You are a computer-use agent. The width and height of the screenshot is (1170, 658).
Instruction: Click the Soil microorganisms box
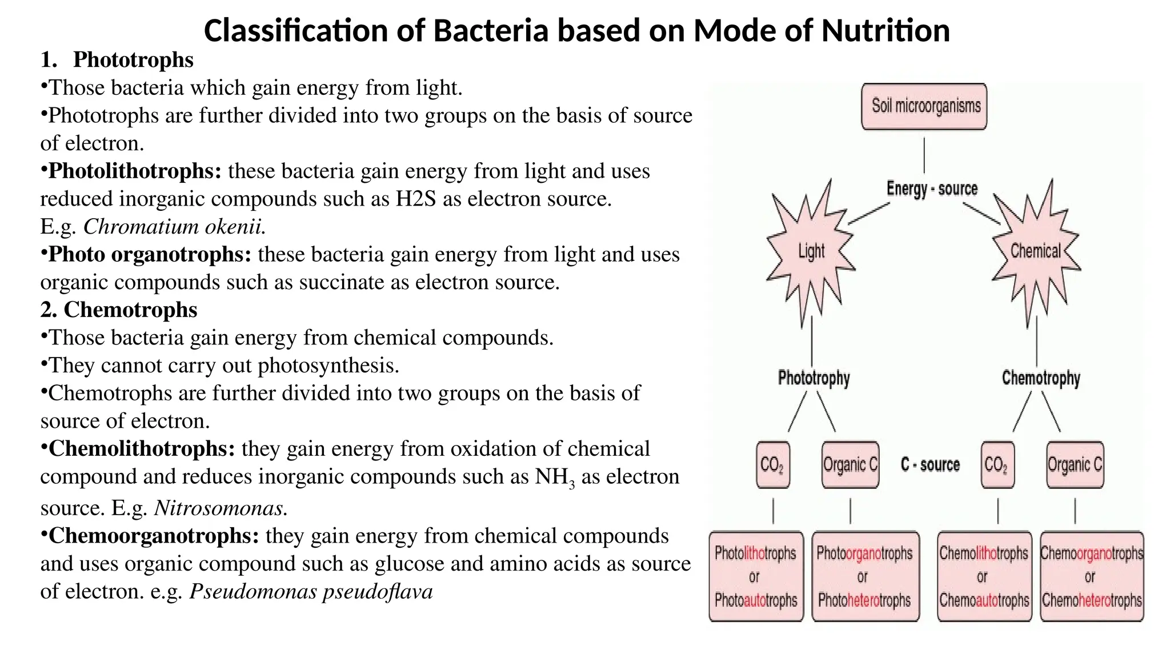coord(924,106)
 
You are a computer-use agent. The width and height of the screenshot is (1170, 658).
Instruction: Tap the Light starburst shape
coord(811,252)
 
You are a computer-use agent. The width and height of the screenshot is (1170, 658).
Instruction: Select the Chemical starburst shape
coord(1035,251)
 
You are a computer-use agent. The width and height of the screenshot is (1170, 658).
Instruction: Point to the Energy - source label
coord(932,188)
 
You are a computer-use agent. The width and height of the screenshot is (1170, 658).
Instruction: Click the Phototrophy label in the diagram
coord(814,378)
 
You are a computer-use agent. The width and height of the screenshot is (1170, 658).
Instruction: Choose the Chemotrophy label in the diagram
coord(1041,378)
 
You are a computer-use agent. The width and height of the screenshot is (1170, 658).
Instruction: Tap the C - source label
coord(930,465)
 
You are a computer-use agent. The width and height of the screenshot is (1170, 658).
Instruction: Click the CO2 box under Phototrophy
coord(773,465)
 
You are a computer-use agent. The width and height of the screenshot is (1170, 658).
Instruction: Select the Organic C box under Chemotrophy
coord(1075,465)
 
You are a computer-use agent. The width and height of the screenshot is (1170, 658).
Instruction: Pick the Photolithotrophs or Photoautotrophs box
coord(756,576)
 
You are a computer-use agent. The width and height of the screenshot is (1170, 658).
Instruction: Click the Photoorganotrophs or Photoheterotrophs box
coord(865,576)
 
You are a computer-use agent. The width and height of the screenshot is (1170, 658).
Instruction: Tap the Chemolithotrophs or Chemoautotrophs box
coord(984,576)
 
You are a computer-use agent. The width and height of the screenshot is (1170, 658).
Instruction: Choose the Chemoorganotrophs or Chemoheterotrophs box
coord(1092,576)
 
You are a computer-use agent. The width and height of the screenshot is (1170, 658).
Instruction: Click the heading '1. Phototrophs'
coord(117,60)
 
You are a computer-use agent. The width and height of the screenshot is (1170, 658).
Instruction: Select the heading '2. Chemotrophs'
coord(119,310)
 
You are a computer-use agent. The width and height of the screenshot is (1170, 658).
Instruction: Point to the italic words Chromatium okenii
coord(174,227)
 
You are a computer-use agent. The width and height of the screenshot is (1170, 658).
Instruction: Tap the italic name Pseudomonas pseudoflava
coord(311,592)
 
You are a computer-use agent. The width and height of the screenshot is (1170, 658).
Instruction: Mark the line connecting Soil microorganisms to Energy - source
coord(924,155)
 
